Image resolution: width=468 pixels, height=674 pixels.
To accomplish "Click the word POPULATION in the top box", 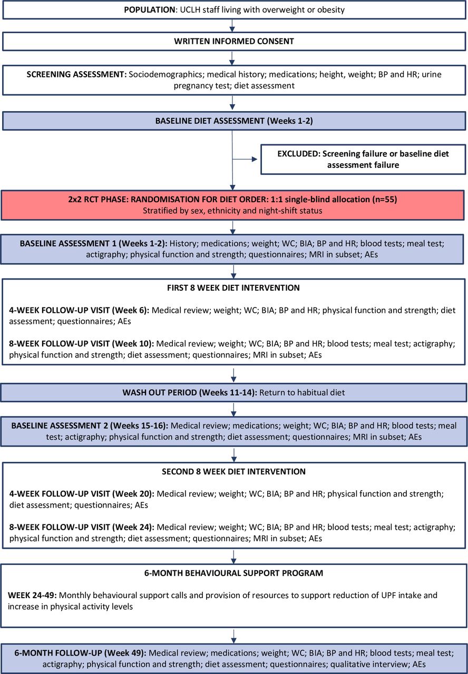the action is (149, 9).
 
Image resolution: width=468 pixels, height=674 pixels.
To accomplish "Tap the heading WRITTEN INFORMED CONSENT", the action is (234, 41).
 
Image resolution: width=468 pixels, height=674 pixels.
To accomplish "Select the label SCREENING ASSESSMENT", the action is (76, 74).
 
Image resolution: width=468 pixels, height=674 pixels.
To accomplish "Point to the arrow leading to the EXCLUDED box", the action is (245, 159).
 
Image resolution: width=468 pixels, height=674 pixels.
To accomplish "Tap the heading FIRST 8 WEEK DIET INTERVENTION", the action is (233, 288).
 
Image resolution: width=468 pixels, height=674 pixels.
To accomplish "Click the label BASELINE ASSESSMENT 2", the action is (60, 426).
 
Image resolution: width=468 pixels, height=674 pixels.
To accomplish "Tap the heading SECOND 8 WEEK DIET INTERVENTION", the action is (233, 471).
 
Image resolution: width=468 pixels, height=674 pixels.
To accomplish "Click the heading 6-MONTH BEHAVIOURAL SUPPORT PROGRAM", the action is (233, 573).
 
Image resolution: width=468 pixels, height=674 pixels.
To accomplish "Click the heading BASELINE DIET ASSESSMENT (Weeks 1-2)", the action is (234, 121).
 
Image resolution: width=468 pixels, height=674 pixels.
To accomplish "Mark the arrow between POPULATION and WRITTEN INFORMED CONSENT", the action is (232, 26).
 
